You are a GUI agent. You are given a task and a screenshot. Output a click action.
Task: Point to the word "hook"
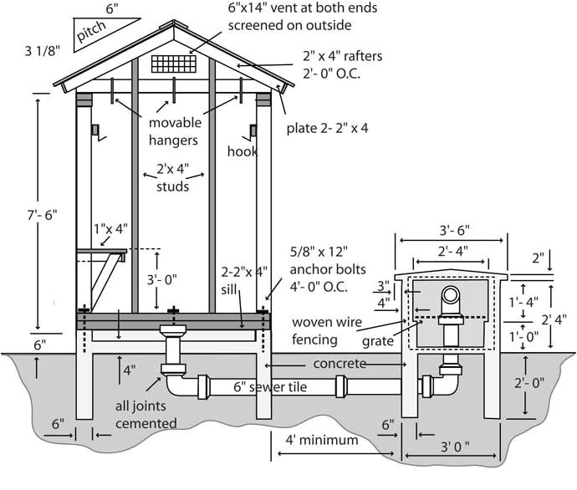click(243, 151)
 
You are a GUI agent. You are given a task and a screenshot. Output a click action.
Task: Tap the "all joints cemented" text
click(146, 415)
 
